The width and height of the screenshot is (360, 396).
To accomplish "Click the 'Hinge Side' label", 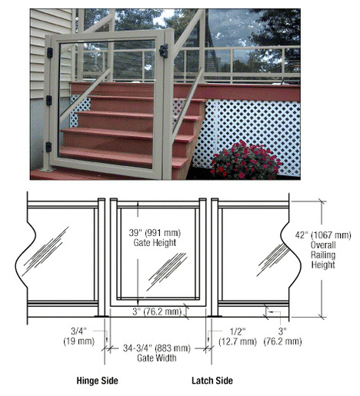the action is pos(97,381).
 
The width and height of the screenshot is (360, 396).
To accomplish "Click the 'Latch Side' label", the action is pos(212,381).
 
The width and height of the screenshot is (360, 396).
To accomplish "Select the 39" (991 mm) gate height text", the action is pos(155,238).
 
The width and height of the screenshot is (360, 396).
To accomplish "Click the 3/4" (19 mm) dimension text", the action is pos(79,336).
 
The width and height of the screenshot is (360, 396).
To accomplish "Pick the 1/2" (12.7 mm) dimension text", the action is pos(238,336).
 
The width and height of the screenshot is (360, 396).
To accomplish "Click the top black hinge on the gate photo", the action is pos(50,52).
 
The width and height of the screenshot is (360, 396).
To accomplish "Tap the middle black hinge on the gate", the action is pos(48,101).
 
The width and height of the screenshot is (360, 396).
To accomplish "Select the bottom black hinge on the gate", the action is pos(48,147).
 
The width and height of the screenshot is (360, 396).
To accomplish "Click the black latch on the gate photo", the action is pos(164,51).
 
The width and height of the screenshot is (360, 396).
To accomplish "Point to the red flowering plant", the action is pos(245,160).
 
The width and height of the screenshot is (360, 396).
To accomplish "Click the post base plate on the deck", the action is pos(47,169).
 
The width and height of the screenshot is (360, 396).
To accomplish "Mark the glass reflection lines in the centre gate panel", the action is pos(167,271).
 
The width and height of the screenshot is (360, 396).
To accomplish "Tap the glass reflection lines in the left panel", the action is pos(45,251).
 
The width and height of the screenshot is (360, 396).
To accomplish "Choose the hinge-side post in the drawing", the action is pos(102,258).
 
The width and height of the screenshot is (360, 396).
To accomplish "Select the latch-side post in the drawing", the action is pos(215,258).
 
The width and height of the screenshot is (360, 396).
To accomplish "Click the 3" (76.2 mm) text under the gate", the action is pos(157,311).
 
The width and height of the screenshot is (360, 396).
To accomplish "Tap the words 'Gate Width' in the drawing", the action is pos(157,358).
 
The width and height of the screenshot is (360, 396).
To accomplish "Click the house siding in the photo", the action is pos(51,54).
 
